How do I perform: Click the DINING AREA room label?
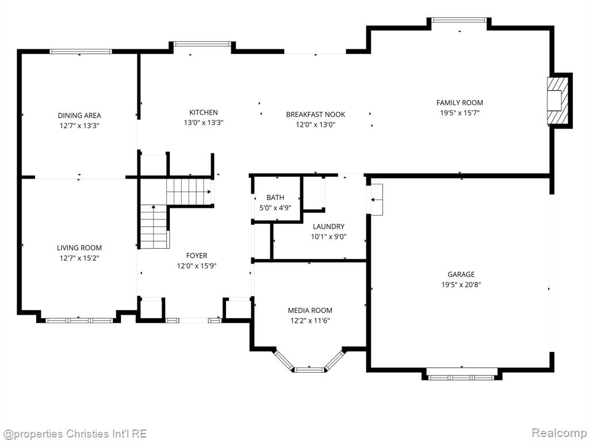(x=79, y=115)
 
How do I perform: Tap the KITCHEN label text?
(x=204, y=112)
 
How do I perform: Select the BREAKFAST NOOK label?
(x=316, y=114)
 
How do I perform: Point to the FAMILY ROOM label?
(x=460, y=102)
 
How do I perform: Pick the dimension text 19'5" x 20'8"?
(x=461, y=285)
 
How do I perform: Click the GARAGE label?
(x=461, y=274)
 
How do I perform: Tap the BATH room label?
(x=276, y=198)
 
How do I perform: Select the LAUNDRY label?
(x=328, y=226)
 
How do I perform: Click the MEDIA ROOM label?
(x=310, y=310)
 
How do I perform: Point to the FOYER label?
(x=197, y=256)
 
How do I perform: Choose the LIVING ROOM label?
(x=79, y=247)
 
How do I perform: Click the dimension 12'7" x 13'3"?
(x=79, y=126)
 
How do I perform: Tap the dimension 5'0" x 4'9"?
(x=276, y=207)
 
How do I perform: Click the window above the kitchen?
(x=202, y=44)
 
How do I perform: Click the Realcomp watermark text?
(x=559, y=433)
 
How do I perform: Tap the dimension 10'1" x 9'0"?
(x=328, y=237)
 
